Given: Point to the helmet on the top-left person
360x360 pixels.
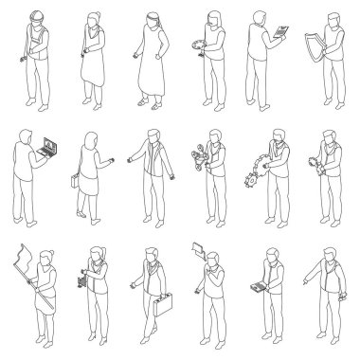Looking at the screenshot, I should coord(34,15).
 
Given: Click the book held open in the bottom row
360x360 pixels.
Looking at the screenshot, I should coord(256,288).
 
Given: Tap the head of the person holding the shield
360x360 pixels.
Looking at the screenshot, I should coord(329,19).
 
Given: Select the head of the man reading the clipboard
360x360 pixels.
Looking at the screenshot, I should coord(261,19).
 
